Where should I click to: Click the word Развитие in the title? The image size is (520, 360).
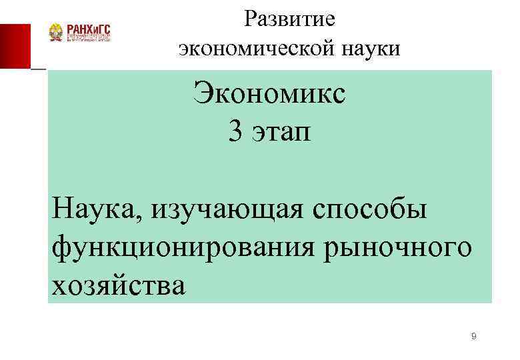click(289, 19)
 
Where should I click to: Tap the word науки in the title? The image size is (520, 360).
click(367, 49)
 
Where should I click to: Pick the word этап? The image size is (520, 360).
click(281, 133)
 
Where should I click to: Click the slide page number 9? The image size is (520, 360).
click(473, 337)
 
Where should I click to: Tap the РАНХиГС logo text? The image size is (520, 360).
click(87, 28)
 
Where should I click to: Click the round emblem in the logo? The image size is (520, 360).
click(56, 33)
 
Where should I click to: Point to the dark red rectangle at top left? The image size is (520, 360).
click(15, 46)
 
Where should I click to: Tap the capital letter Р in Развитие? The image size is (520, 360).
click(250, 19)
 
